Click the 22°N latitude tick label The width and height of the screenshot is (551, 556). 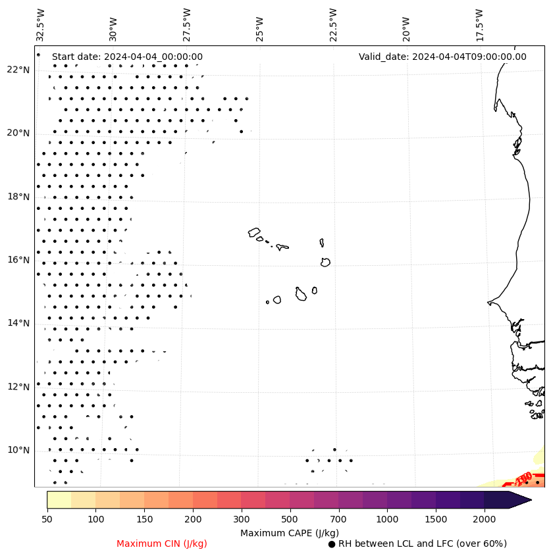point(18,70)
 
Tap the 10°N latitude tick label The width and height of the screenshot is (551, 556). point(18,450)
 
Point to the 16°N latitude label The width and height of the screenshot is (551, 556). point(18,260)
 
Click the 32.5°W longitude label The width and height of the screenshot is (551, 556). point(41,24)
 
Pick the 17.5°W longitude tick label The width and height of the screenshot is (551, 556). point(479,24)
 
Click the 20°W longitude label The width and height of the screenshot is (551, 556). point(406,28)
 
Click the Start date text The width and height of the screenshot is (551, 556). point(127,57)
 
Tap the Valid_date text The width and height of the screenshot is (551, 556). point(442,57)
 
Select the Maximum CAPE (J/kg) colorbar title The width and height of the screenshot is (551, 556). point(289,532)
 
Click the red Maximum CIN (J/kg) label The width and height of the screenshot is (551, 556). point(162,543)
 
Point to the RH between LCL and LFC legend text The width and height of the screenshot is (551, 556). point(422,543)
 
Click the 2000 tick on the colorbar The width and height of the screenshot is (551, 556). point(485,520)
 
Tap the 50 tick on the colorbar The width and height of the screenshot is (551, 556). point(47,520)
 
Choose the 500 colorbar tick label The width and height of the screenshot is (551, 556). point(290,520)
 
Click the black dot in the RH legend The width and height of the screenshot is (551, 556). point(332,544)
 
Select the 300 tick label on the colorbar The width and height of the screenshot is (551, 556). point(242,520)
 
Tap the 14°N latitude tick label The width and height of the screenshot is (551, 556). point(18,323)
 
